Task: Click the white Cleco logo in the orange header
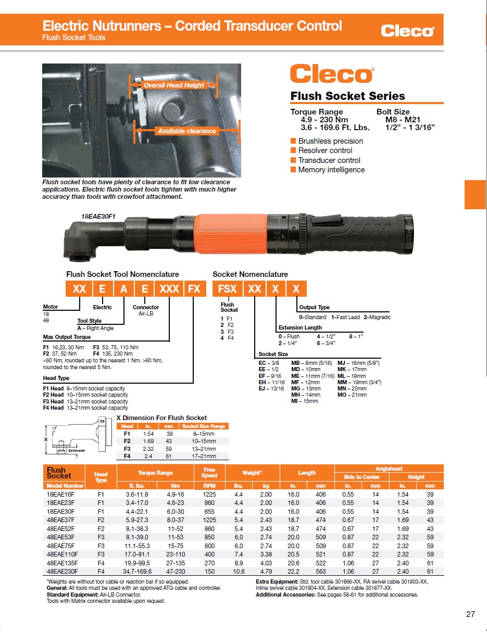(407, 31)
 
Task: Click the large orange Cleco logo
(332, 74)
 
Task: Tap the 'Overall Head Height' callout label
(174, 85)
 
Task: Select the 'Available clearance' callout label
(186, 131)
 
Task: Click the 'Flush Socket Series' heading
(347, 96)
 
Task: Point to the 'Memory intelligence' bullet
(331, 170)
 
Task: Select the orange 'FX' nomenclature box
(194, 288)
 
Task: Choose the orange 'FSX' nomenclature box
(227, 288)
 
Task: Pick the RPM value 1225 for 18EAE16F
(209, 494)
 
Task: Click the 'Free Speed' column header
(209, 473)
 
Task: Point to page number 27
(470, 615)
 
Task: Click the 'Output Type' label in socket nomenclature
(314, 307)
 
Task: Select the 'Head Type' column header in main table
(101, 477)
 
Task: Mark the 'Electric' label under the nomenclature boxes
(102, 307)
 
